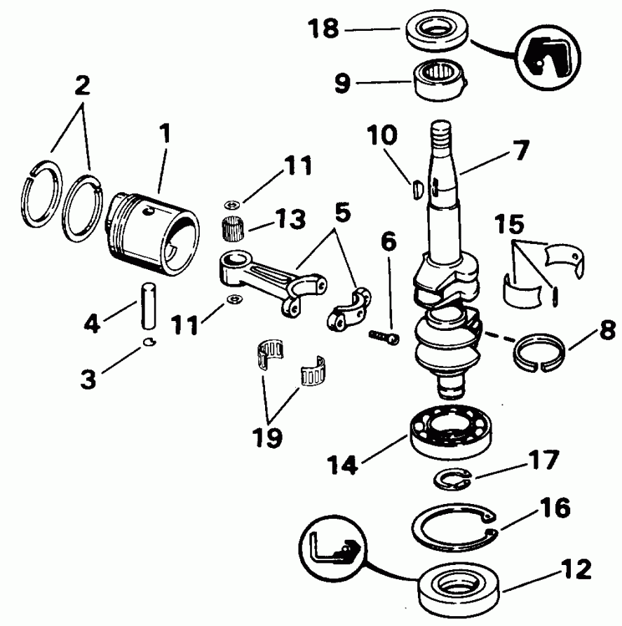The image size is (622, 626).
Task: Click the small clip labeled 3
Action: [147, 342]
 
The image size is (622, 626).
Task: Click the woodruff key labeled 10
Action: [414, 189]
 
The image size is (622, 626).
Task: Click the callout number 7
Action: [521, 150]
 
